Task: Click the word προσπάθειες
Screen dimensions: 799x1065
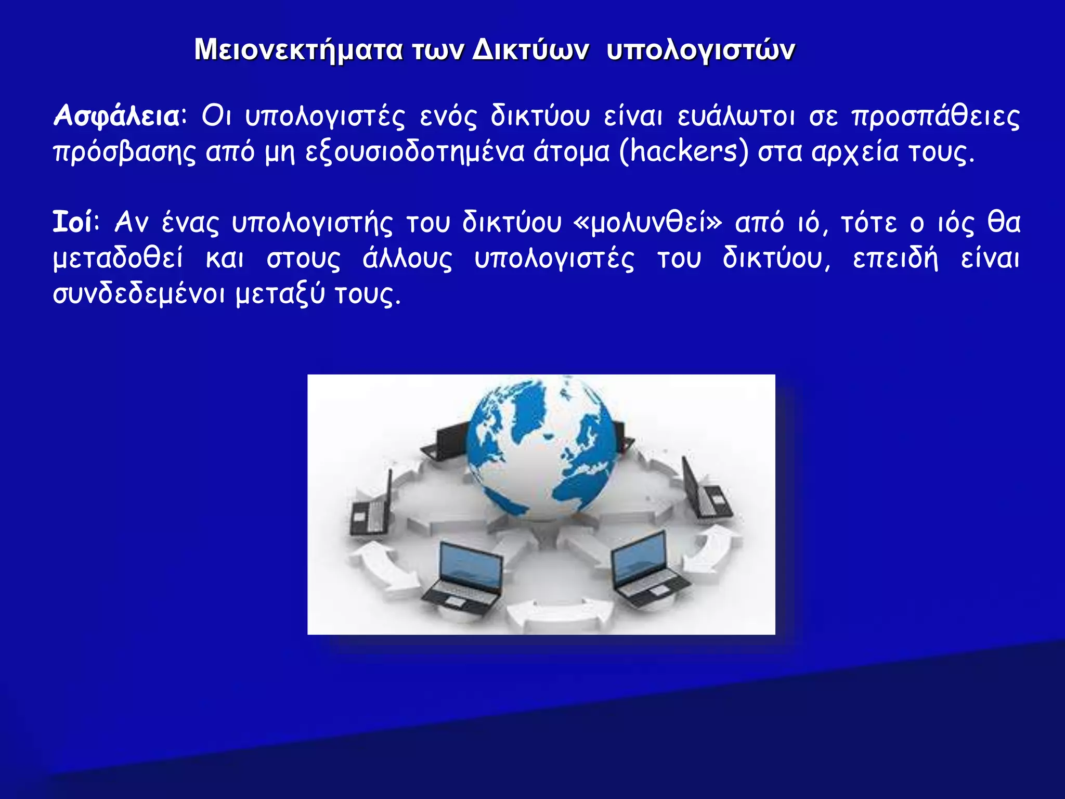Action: click(936, 115)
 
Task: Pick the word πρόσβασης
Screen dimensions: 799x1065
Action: click(124, 152)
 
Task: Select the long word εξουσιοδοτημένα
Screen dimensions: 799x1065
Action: click(414, 152)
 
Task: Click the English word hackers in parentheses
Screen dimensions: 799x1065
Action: click(683, 152)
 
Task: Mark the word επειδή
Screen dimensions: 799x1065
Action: click(895, 259)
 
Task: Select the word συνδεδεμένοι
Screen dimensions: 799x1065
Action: click(139, 294)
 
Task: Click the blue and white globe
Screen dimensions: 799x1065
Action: click(541, 447)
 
